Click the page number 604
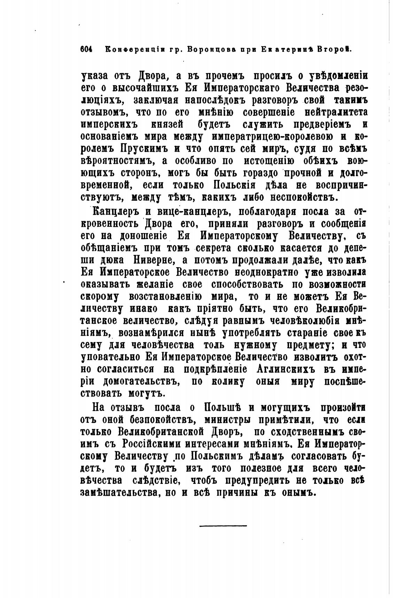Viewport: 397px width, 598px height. (x=86, y=49)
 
